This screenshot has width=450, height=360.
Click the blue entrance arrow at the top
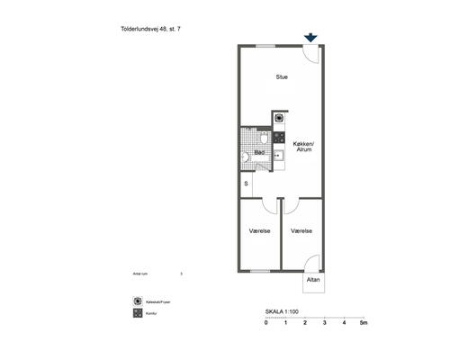[x=310, y=38]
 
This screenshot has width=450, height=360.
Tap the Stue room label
[x=282, y=76]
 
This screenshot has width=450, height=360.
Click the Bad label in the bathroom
[x=259, y=152]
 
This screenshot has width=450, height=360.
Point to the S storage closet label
[x=247, y=184]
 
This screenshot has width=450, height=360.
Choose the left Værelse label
[x=260, y=231]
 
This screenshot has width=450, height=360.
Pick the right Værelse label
[x=301, y=231]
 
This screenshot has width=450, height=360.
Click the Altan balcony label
[x=313, y=280]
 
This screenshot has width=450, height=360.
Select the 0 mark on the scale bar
[x=266, y=322]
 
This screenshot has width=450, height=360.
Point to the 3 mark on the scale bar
[x=325, y=322]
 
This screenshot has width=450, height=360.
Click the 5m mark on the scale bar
[x=364, y=322]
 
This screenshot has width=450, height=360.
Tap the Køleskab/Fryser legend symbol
[x=137, y=301]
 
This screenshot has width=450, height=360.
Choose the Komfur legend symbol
[x=137, y=313]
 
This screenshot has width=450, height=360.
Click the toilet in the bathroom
[x=246, y=157]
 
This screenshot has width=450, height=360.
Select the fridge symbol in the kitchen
[x=280, y=118]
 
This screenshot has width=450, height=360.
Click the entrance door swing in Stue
[x=311, y=53]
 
